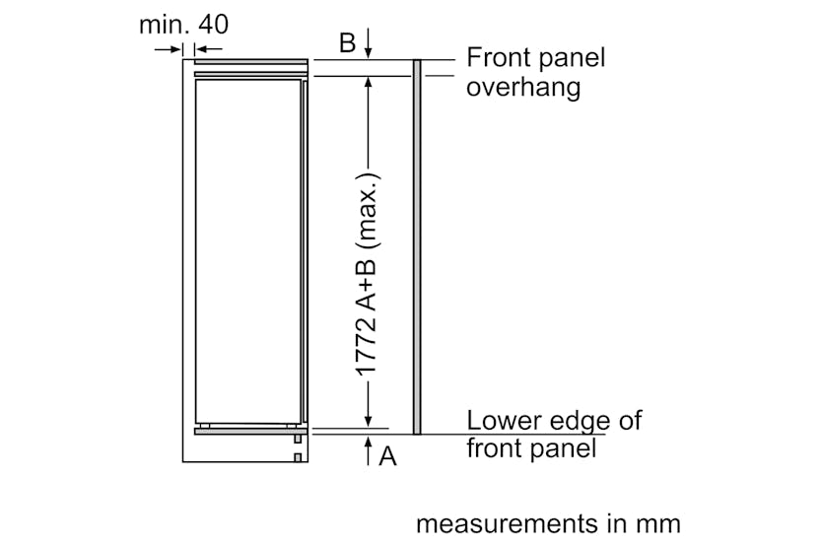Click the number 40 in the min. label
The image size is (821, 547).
[x=210, y=24]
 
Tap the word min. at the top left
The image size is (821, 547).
[x=163, y=24]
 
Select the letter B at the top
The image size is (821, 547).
[x=347, y=42]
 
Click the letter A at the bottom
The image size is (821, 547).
[x=387, y=456]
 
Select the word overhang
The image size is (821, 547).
[x=522, y=87]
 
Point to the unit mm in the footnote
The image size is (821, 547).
[x=656, y=523]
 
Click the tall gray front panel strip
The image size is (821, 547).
[x=417, y=246]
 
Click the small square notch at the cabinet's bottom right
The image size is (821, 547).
[x=297, y=455]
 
